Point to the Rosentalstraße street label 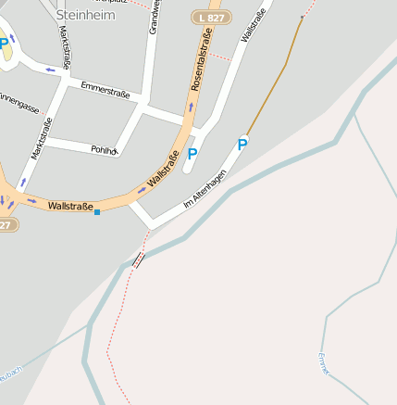click(202, 60)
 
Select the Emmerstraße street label click(105, 90)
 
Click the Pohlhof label click(104, 149)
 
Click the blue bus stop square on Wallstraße click(97, 212)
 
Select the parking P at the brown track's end click(242, 144)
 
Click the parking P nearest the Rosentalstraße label click(192, 154)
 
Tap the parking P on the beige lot click(5, 43)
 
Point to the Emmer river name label click(323, 362)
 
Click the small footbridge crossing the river click(139, 259)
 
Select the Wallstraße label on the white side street click(247, 22)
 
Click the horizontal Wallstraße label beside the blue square click(69, 206)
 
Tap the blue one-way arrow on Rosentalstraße click(191, 107)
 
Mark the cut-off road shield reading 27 click(6, 225)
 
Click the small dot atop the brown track click(303, 17)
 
